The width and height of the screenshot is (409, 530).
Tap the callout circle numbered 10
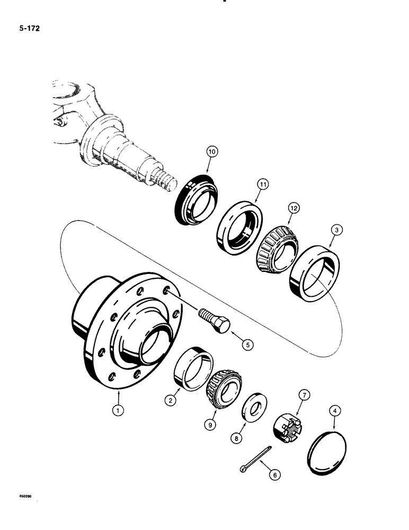[x=212, y=152]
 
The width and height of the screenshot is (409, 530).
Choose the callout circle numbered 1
[x=119, y=409]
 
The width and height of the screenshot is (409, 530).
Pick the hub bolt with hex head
[x=215, y=321]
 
